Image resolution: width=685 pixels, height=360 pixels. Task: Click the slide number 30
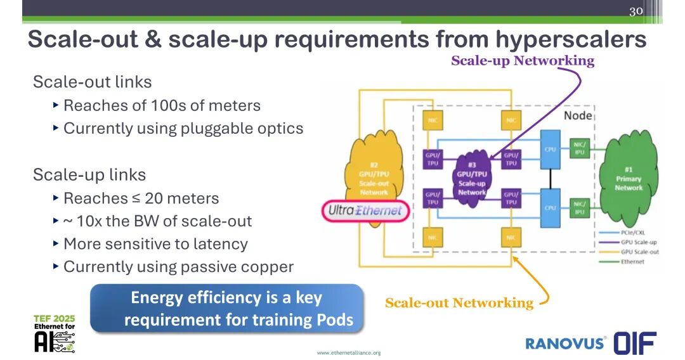pyautogui.click(x=636, y=11)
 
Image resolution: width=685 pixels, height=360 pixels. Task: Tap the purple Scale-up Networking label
pyautogui.click(x=522, y=61)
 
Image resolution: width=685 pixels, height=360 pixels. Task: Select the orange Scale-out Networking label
pyautogui.click(x=459, y=303)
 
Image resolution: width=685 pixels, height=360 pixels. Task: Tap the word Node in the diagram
pyautogui.click(x=577, y=115)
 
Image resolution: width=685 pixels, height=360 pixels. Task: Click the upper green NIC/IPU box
pyautogui.click(x=579, y=148)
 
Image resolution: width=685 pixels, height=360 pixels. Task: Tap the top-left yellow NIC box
pyautogui.click(x=433, y=120)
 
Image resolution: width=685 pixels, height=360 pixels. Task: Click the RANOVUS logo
pyautogui.click(x=564, y=343)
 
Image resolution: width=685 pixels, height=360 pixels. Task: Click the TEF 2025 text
pyautogui.click(x=54, y=318)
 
